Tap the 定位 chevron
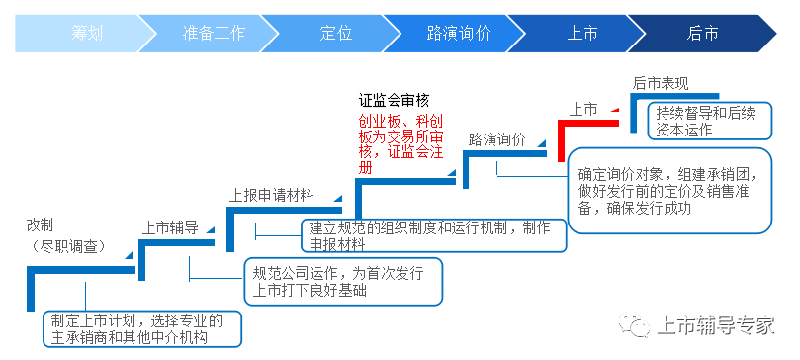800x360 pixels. (x=336, y=34)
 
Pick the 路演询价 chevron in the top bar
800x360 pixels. (x=459, y=34)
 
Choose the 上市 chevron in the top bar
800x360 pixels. (x=582, y=34)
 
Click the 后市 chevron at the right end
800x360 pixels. (x=703, y=34)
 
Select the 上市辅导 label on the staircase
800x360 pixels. (x=171, y=227)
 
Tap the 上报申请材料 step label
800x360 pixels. (x=271, y=195)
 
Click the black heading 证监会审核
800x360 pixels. (x=394, y=100)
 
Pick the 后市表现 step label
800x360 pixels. (x=660, y=83)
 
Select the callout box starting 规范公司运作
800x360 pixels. (x=341, y=282)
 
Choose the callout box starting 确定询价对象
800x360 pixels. (x=667, y=191)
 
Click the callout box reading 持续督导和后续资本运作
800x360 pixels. (x=705, y=120)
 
